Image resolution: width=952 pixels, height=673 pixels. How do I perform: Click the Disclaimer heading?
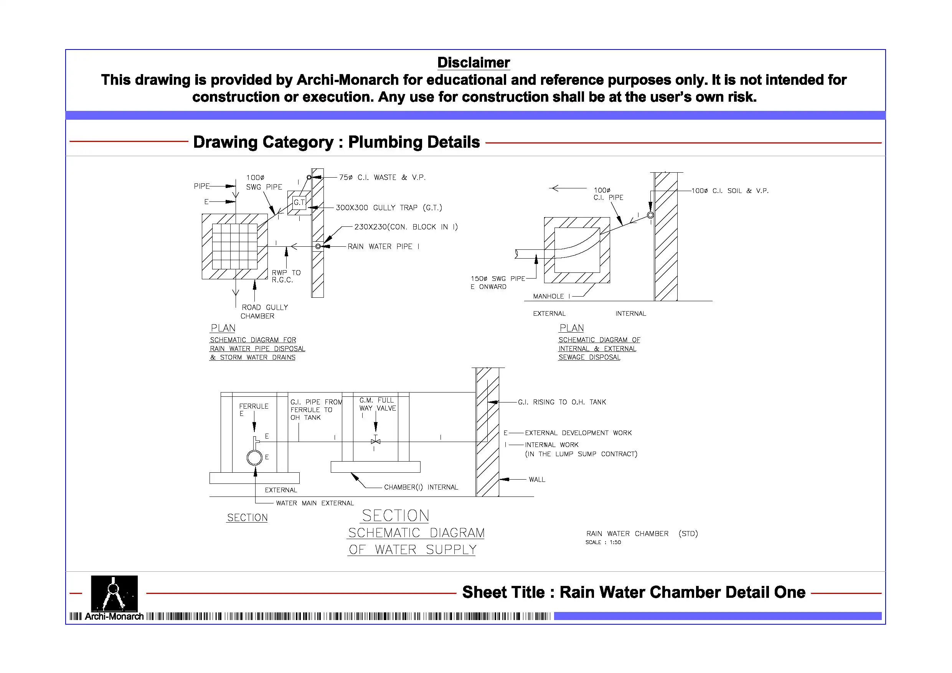tap(473, 63)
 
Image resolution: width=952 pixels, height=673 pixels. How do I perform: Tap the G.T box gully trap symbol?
tap(299, 202)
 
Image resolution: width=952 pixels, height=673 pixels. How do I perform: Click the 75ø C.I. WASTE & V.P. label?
tap(382, 178)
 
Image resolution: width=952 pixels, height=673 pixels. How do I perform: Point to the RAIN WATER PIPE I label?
tap(383, 247)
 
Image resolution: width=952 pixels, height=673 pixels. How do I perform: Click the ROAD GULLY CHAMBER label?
tap(264, 312)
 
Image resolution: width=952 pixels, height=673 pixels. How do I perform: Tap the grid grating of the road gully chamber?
tap(235, 247)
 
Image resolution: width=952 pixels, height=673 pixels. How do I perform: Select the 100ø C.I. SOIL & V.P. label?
tap(730, 191)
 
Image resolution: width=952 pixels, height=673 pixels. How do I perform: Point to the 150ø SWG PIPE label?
tap(498, 279)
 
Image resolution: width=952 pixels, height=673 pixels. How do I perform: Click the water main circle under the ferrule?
tap(254, 458)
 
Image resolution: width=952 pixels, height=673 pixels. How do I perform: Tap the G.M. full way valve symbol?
tap(376, 442)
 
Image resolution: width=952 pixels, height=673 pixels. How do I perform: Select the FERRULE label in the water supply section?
tap(253, 406)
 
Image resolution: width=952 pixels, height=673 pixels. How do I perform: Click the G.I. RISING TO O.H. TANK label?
tap(562, 402)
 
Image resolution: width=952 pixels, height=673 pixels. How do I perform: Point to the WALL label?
tap(537, 480)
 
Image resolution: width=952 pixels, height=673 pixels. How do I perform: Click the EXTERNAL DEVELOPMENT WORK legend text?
tap(578, 433)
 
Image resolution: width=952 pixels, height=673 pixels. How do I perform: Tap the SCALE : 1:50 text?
tap(603, 543)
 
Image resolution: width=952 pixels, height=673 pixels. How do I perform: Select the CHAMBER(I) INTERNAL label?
tap(421, 487)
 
